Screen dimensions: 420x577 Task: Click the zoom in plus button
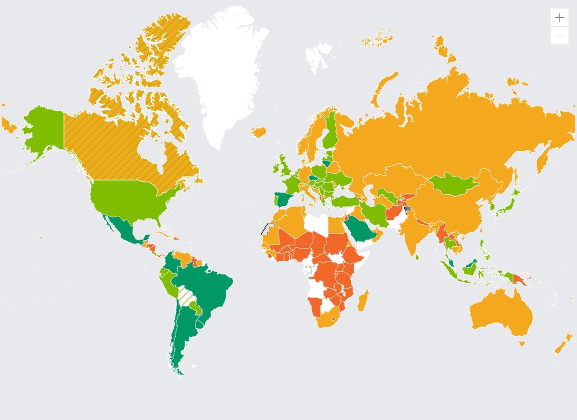click(x=559, y=17)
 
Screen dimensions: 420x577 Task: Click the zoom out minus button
click(x=559, y=36)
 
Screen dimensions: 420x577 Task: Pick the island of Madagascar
click(x=363, y=301)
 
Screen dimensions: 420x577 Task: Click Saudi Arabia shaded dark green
click(x=360, y=228)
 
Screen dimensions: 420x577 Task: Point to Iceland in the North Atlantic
click(x=260, y=133)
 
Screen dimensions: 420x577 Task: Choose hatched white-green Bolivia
click(x=186, y=295)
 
